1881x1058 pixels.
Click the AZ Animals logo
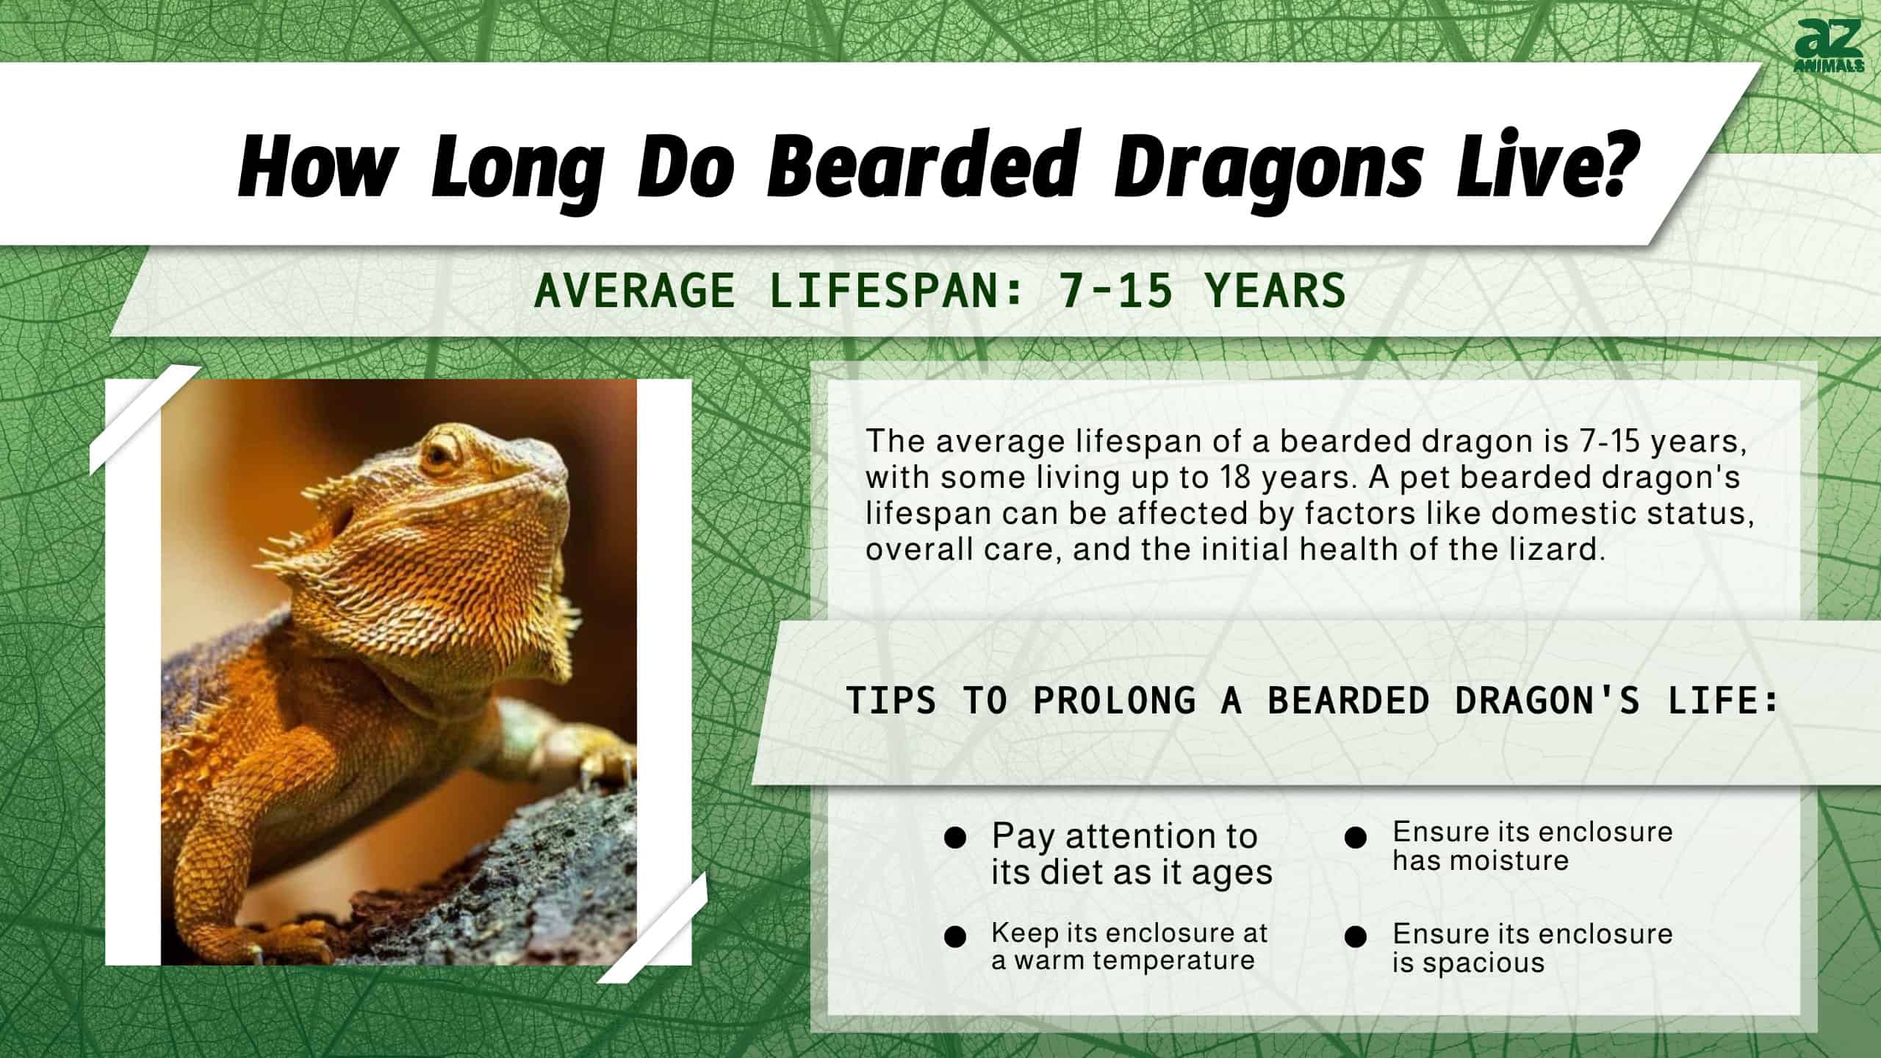pyautogui.click(x=1828, y=46)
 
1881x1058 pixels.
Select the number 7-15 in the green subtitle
pyautogui.click(x=1115, y=289)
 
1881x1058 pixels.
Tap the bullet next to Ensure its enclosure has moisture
pyautogui.click(x=1356, y=838)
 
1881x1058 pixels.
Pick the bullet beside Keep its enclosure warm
pyautogui.click(x=955, y=937)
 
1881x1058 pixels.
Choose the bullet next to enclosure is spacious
pyautogui.click(x=1356, y=937)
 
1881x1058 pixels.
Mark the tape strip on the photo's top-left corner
pyautogui.click(x=145, y=420)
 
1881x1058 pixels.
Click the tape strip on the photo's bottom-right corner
pyautogui.click(x=652, y=927)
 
